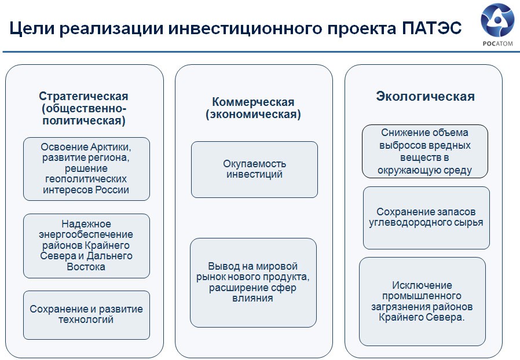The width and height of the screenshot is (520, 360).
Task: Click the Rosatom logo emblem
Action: pyautogui.click(x=497, y=20)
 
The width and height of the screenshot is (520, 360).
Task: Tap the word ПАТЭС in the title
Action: pyautogui.click(x=432, y=28)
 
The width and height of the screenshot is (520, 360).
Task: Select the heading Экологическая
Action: pyautogui.click(x=425, y=97)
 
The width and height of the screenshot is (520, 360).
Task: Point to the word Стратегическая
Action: pyautogui.click(x=83, y=96)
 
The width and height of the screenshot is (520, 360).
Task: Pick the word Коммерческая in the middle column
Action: pyautogui.click(x=253, y=102)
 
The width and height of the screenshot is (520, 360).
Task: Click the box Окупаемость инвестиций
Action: pyautogui.click(x=254, y=170)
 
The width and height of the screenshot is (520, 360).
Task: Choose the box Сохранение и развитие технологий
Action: pyautogui.click(x=86, y=315)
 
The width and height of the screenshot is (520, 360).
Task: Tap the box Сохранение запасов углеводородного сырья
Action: pyautogui.click(x=426, y=218)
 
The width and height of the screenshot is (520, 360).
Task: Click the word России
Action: pyautogui.click(x=112, y=190)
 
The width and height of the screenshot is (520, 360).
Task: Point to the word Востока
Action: pyautogui.click(x=86, y=267)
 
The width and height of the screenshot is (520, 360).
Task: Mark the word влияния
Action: pyautogui.click(x=252, y=298)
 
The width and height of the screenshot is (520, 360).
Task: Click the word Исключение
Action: pyautogui.click(x=422, y=285)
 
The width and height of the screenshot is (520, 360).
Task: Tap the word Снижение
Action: pyautogui.click(x=403, y=133)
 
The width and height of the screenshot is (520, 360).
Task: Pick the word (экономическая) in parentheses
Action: pyautogui.click(x=253, y=115)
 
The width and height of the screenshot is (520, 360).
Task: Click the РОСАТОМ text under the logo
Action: pyautogui.click(x=497, y=43)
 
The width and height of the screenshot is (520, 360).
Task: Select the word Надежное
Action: pyautogui.click(x=86, y=224)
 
